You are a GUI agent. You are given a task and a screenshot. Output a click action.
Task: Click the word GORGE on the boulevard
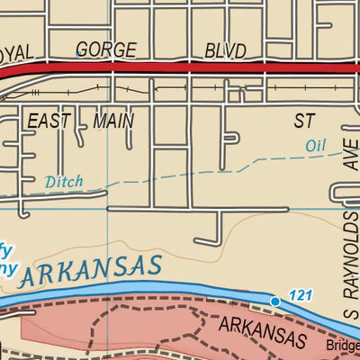pos(105,49)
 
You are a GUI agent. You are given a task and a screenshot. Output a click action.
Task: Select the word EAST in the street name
pos(49,120)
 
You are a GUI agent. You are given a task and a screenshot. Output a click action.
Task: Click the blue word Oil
pos(314,145)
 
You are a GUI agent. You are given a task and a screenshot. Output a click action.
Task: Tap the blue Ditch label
pos(63,182)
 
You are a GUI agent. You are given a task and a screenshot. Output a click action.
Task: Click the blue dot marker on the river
pos(275,301)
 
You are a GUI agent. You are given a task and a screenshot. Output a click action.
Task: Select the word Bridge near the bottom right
pos(341,345)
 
